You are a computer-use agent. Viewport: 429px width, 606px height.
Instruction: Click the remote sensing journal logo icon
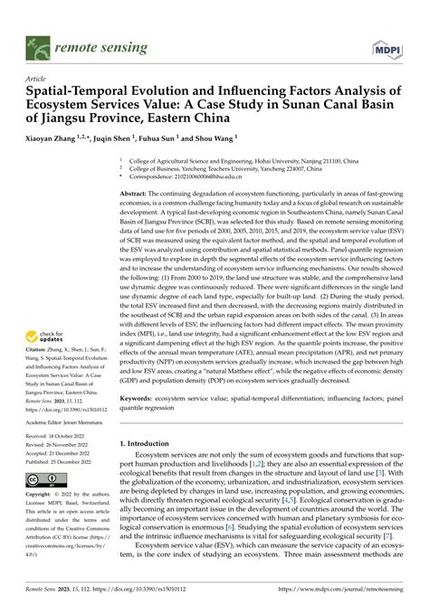(x=38, y=42)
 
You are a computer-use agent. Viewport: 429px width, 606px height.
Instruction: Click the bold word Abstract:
(x=136, y=194)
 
